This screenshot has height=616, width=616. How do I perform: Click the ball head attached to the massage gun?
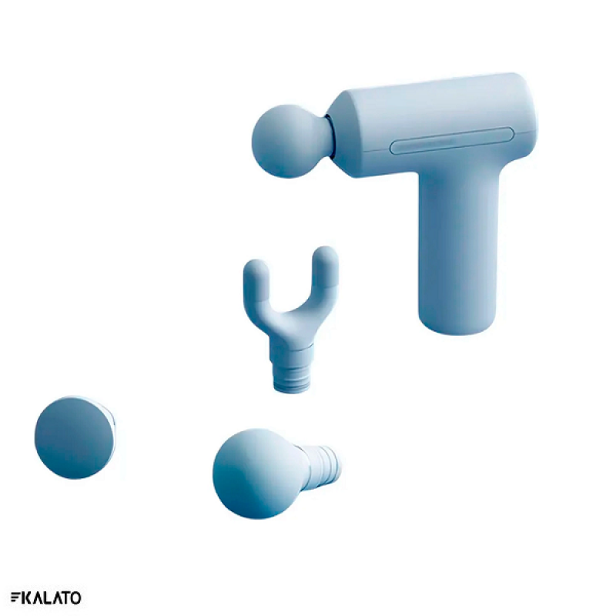(291, 141)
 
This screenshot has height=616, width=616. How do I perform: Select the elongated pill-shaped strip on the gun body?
(452, 141)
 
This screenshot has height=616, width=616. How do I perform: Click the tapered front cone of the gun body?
(346, 133)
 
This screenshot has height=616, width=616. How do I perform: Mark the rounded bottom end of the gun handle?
(457, 322)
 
